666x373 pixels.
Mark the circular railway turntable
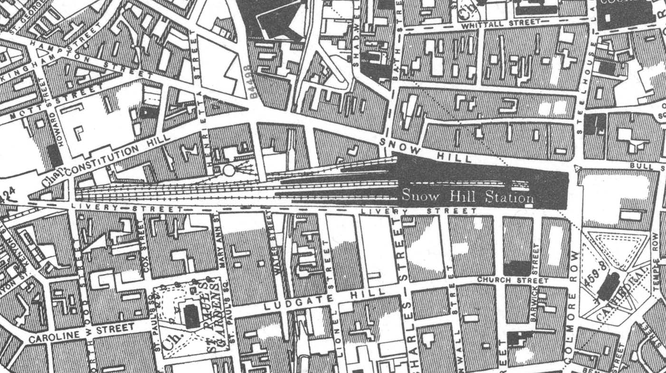[229, 170]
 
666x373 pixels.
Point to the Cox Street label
[145, 254]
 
